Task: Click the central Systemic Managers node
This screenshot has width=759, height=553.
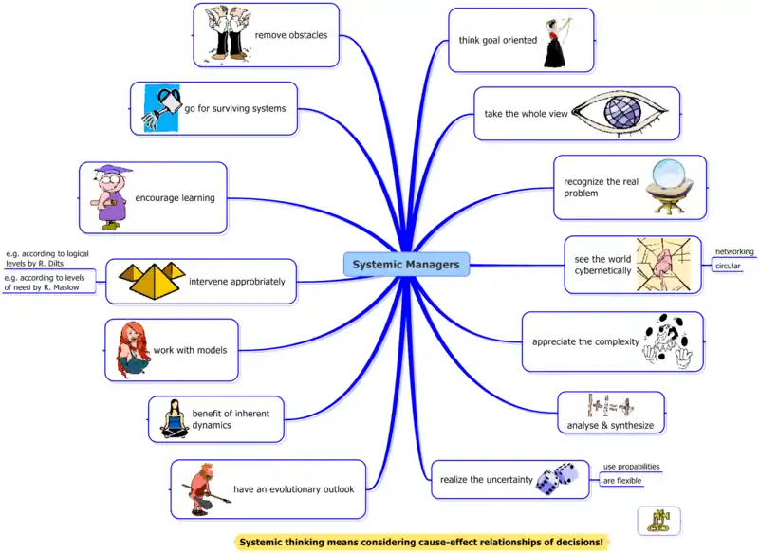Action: [x=405, y=265]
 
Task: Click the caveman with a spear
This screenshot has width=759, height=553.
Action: [x=202, y=488]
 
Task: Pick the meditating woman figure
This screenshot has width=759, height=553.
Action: [x=174, y=418]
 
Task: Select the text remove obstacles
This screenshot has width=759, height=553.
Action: [x=290, y=35]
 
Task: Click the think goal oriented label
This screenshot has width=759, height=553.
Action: [x=497, y=40]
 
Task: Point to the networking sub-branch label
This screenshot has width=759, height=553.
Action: [x=734, y=252]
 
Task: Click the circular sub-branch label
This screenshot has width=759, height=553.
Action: [x=728, y=267]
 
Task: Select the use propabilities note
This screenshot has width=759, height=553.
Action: [x=631, y=467]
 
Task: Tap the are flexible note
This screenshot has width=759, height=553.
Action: [x=622, y=481]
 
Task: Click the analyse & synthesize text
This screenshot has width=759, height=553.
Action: [x=610, y=426]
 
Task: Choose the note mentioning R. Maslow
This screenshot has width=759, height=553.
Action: [x=47, y=282]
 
